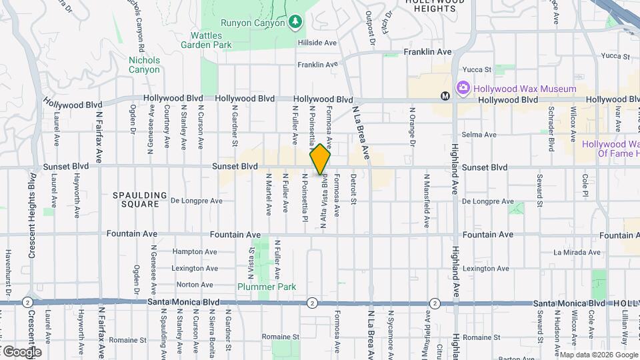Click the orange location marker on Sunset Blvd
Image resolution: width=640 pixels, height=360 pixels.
[x=321, y=159]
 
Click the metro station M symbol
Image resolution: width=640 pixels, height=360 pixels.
[x=445, y=96]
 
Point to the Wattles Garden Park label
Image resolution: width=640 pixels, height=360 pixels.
[x=206, y=40]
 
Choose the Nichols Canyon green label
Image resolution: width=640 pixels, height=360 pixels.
[x=144, y=65]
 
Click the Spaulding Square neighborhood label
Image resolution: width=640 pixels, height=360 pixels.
[x=139, y=199]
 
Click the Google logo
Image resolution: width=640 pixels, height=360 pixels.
[x=21, y=351]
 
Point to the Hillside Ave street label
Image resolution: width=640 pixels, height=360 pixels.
[x=318, y=43]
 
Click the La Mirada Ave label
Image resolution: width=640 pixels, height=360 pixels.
[x=577, y=252]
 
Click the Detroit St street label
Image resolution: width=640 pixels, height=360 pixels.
[x=353, y=191]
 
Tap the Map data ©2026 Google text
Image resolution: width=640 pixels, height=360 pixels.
[x=598, y=355]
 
